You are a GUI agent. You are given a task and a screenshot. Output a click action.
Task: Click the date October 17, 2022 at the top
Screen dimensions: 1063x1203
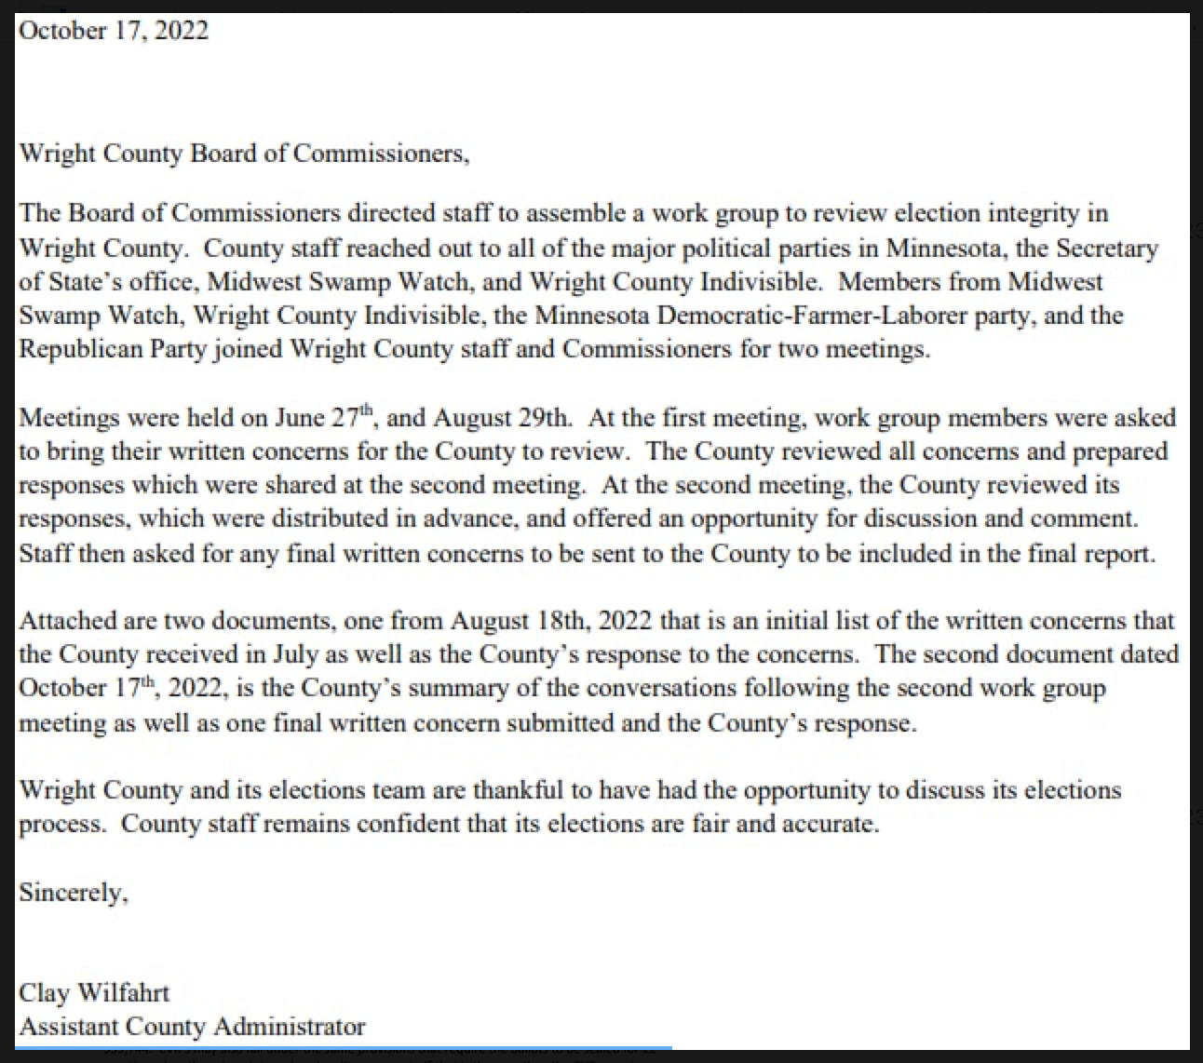click(x=114, y=31)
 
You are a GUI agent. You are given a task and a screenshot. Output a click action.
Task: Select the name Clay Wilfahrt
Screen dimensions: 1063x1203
click(x=94, y=993)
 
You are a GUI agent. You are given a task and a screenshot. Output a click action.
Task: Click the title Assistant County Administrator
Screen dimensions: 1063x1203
click(x=192, y=1027)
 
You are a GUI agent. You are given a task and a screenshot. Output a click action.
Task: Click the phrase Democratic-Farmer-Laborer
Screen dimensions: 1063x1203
click(x=824, y=316)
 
